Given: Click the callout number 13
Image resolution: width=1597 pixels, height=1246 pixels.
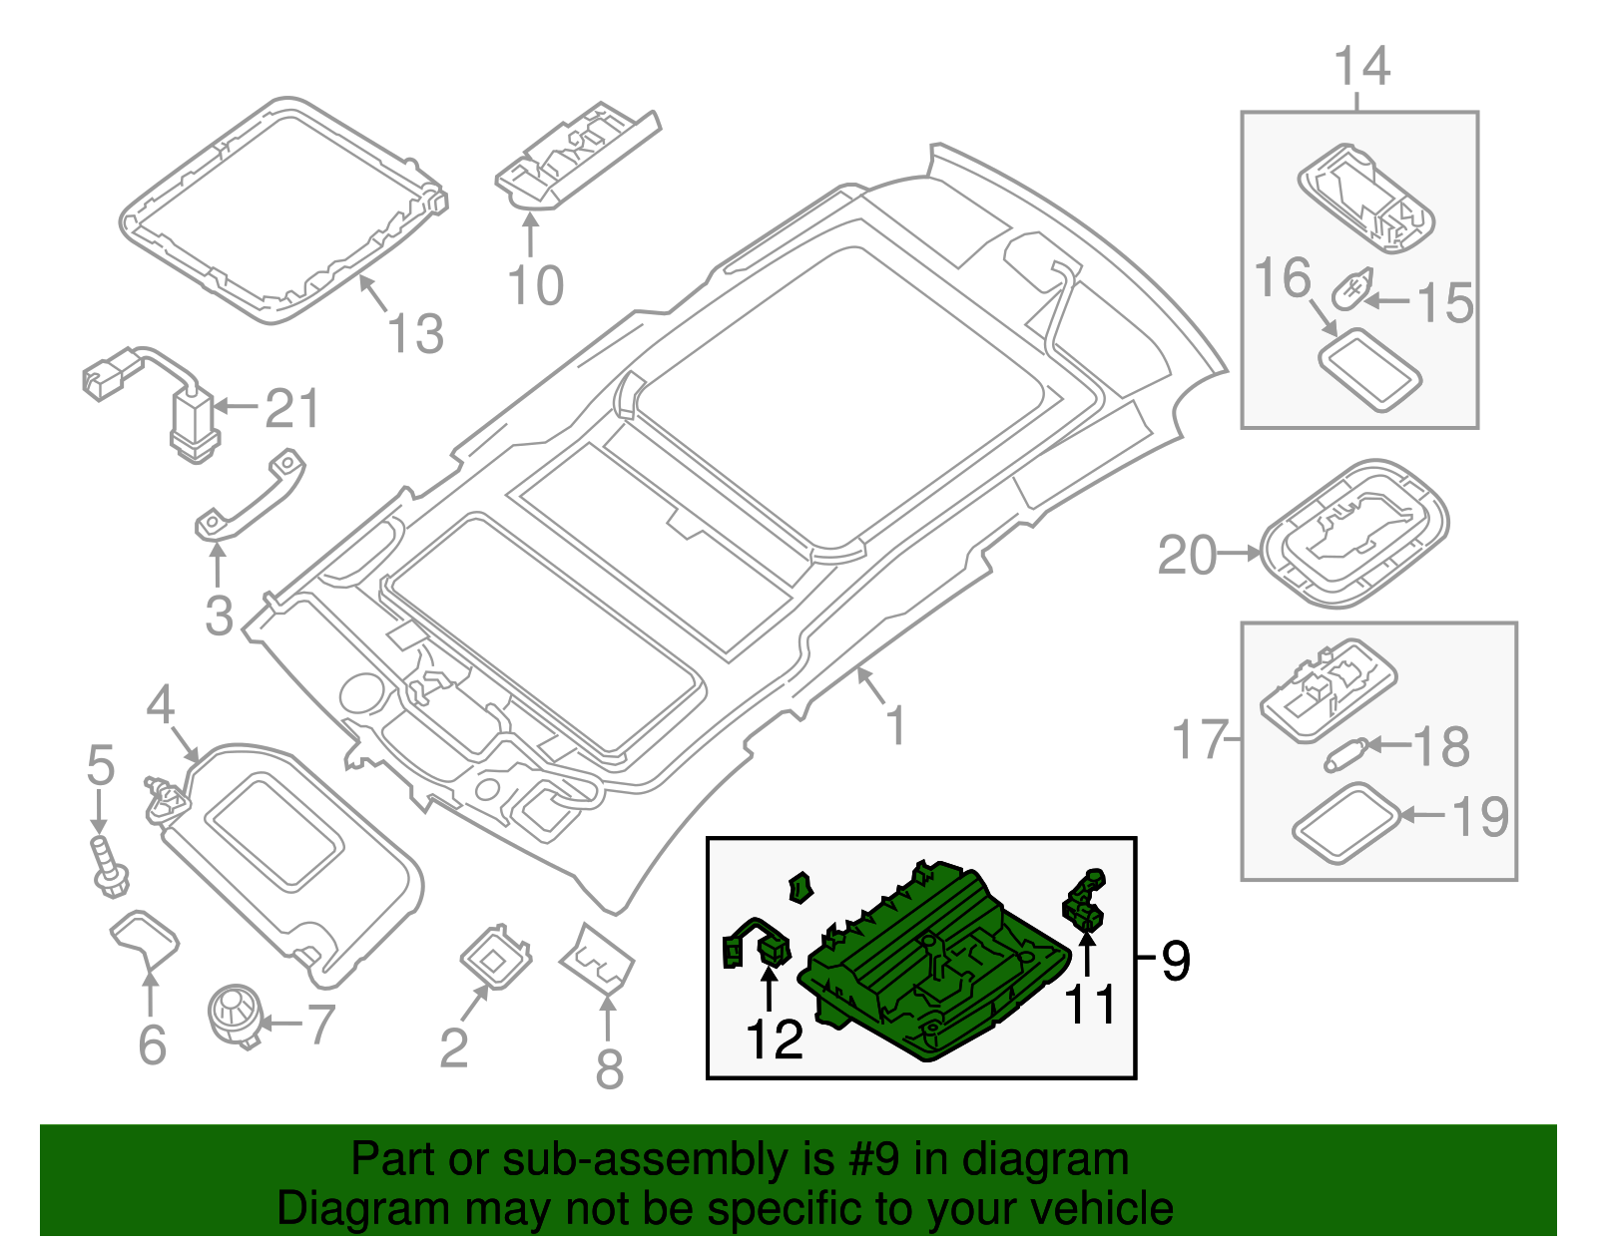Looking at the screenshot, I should (x=416, y=334).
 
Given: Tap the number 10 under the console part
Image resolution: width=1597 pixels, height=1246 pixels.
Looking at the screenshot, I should (x=536, y=286).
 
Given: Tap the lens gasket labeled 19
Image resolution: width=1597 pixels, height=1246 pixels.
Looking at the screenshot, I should (x=1344, y=822).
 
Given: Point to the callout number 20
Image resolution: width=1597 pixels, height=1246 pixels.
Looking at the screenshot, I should (x=1187, y=556).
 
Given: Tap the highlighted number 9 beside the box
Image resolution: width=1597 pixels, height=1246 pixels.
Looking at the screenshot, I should (x=1176, y=961).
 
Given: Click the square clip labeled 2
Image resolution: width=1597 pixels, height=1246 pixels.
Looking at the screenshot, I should (x=495, y=958).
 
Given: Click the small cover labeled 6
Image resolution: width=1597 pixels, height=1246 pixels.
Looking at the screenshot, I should (x=145, y=939).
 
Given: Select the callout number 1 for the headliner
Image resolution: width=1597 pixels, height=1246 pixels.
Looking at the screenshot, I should (x=896, y=725).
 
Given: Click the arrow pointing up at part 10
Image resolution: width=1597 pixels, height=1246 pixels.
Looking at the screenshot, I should (x=530, y=236).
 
